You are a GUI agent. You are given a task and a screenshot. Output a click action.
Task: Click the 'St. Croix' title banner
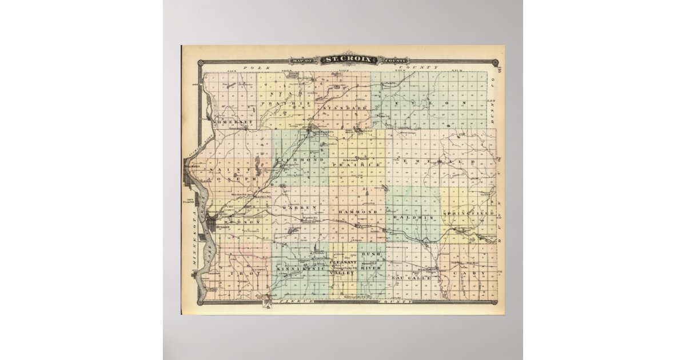click(348, 59)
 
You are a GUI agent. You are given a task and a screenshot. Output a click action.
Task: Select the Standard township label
click(345, 107)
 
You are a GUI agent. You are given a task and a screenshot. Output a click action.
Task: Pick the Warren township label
click(299, 207)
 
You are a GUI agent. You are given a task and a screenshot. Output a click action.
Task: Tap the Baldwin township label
click(414, 218)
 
